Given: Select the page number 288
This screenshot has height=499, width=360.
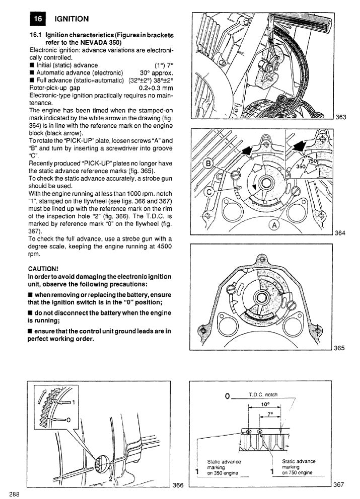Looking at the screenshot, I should pyautogui.click(x=14, y=493).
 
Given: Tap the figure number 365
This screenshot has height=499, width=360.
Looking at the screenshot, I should pyautogui.click(x=340, y=348).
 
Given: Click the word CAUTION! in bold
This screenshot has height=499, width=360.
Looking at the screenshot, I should pyautogui.click(x=44, y=269).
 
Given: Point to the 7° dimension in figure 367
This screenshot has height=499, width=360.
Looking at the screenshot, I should pyautogui.click(x=270, y=414).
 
